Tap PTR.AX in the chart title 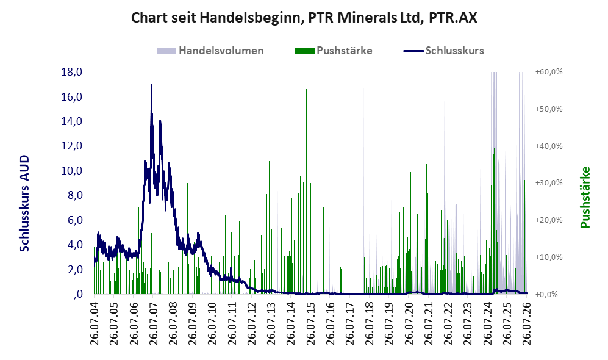pos(453,18)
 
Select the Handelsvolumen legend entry pos(210,51)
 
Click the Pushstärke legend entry pos(334,51)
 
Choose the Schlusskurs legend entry pos(443,51)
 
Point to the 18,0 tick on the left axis pos(72,72)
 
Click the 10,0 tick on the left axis pos(72,171)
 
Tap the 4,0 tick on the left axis pos(75,245)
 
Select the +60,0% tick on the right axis pos(549,72)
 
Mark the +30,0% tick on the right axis pos(549,183)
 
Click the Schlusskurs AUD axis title pos(24,203)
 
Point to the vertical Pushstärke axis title pos(585,198)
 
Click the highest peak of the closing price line pos(151,85)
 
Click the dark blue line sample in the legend pos(413,51)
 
